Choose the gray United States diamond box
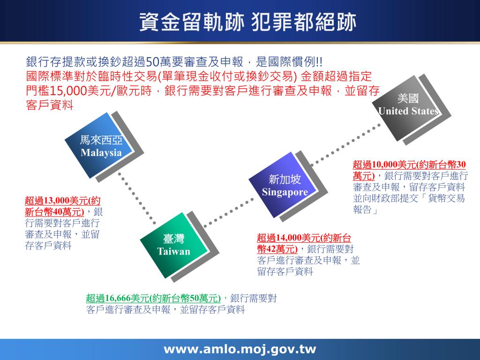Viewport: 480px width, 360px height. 408,105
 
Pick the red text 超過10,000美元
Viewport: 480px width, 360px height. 384,165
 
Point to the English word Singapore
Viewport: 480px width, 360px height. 285,192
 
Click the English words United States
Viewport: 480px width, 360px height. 408,112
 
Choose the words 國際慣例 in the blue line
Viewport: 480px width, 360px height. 292,62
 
